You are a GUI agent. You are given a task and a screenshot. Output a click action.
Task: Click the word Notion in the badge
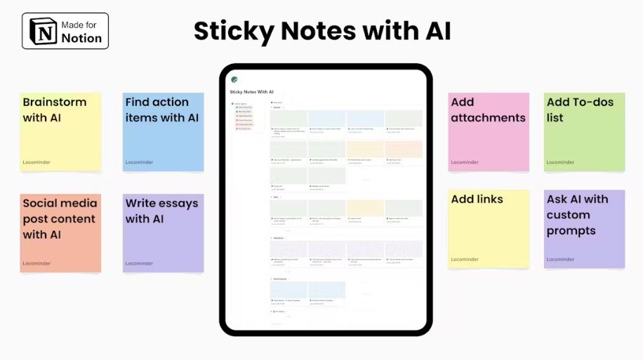coord(81,38)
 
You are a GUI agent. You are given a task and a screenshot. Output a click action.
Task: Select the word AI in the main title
coord(432,31)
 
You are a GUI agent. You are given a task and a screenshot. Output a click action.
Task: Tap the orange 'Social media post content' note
coord(61,233)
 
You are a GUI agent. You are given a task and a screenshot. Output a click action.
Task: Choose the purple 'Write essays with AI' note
coord(163,233)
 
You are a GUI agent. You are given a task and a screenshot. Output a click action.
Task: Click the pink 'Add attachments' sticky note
coord(489,132)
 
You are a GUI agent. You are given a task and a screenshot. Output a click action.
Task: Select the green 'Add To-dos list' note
coord(584,132)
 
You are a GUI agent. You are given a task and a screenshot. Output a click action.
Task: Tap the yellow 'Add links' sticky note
coord(489,229)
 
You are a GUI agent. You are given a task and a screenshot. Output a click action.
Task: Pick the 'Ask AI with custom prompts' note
coord(584,229)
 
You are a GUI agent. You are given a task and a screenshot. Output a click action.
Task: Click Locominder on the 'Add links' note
coord(465,260)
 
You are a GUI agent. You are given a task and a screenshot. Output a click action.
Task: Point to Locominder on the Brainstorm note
coord(37,162)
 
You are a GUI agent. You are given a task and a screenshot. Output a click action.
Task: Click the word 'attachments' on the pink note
coord(488,118)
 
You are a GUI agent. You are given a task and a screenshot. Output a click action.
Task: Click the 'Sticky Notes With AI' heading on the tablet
coord(252,92)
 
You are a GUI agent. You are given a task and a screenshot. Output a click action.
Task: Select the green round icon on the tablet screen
coord(234,80)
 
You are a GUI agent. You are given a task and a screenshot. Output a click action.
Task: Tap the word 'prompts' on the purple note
coord(571,231)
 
